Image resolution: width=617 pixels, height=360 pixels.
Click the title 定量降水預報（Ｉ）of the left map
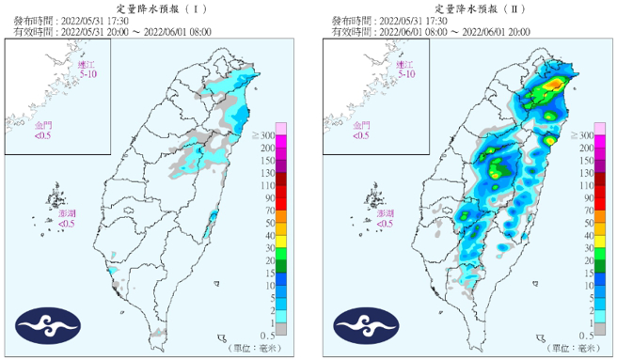pos(155,7)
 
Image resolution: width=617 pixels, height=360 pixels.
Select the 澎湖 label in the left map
pos(67,214)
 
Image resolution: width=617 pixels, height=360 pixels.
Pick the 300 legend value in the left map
pos(267,137)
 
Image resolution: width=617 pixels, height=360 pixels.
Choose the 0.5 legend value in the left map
pos(268,334)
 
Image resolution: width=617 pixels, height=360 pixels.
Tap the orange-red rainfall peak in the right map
pos(557,85)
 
